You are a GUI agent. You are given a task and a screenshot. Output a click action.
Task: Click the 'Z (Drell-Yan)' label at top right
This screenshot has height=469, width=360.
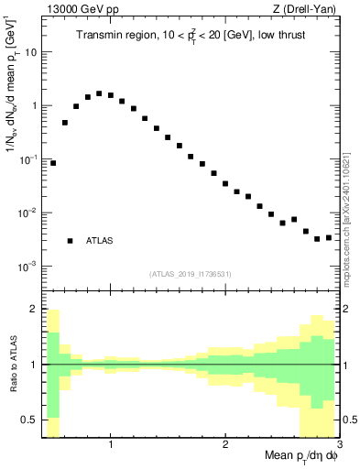(x=310, y=8)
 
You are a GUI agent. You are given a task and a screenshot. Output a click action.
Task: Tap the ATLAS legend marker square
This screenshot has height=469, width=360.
(x=70, y=241)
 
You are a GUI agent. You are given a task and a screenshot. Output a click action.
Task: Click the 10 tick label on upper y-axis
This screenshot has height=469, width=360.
(x=30, y=52)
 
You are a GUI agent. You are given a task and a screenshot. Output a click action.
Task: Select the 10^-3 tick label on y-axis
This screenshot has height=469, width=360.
(x=27, y=267)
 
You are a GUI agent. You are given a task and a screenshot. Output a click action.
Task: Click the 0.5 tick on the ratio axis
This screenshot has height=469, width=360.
(x=27, y=420)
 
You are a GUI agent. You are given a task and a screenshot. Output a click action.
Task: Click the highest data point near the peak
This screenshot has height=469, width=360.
(x=99, y=93)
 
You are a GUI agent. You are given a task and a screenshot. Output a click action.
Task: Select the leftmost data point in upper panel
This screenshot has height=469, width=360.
(x=53, y=163)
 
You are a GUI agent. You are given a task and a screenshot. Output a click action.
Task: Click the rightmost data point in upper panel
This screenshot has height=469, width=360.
(x=328, y=237)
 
